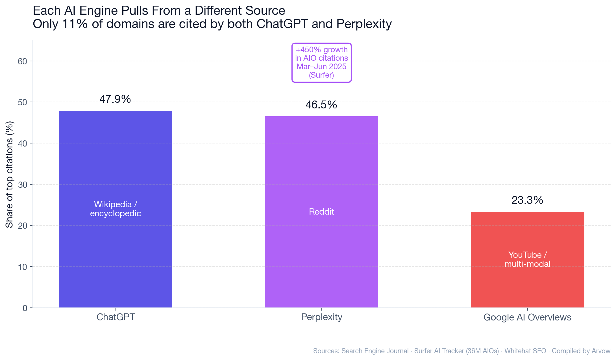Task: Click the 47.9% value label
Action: click(115, 99)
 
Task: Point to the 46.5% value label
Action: click(321, 105)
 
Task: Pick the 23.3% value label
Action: click(527, 200)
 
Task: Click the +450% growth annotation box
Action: click(321, 62)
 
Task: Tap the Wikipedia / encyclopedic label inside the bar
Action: click(116, 209)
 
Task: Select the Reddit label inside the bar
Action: click(321, 211)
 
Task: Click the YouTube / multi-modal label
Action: click(527, 259)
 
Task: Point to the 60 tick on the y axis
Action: click(23, 61)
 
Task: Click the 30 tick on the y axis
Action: click(23, 185)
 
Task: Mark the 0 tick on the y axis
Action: click(25, 308)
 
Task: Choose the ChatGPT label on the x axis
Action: click(116, 317)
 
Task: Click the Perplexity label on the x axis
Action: click(321, 317)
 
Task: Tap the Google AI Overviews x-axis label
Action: click(527, 317)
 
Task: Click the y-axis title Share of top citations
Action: click(9, 174)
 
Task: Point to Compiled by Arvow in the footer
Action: click(581, 351)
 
